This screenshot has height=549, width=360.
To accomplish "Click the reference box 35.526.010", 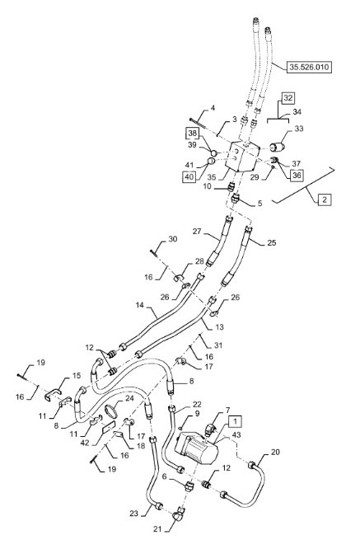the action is pos(309,67).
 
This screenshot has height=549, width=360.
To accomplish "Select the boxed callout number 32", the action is pos(288,98).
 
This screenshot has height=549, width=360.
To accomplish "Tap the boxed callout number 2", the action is pos(325,199).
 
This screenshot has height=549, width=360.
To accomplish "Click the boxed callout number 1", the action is pos(236,421).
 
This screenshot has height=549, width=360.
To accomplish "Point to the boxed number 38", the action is pos(193,134).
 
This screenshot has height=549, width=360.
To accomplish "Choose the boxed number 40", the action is pos(189,176).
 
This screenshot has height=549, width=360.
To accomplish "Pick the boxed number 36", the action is pos(297,175).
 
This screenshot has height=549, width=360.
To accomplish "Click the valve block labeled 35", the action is pos(241,156).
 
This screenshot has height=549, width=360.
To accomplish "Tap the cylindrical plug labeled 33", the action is pos(278,147).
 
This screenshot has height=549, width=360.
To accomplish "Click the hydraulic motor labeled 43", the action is pos(196,448).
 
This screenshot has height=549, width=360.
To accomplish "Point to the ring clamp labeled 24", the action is pos(112,411).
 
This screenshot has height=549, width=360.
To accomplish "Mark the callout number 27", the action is pos(197,232).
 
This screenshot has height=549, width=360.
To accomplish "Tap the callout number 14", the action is pos(140,305).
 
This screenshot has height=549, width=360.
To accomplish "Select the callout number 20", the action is pos(275,452).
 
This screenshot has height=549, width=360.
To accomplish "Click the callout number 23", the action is pos(134,514).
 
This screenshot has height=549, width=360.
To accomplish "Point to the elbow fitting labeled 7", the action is pos(210,429).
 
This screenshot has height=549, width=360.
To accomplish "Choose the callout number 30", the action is pos(173,239).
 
